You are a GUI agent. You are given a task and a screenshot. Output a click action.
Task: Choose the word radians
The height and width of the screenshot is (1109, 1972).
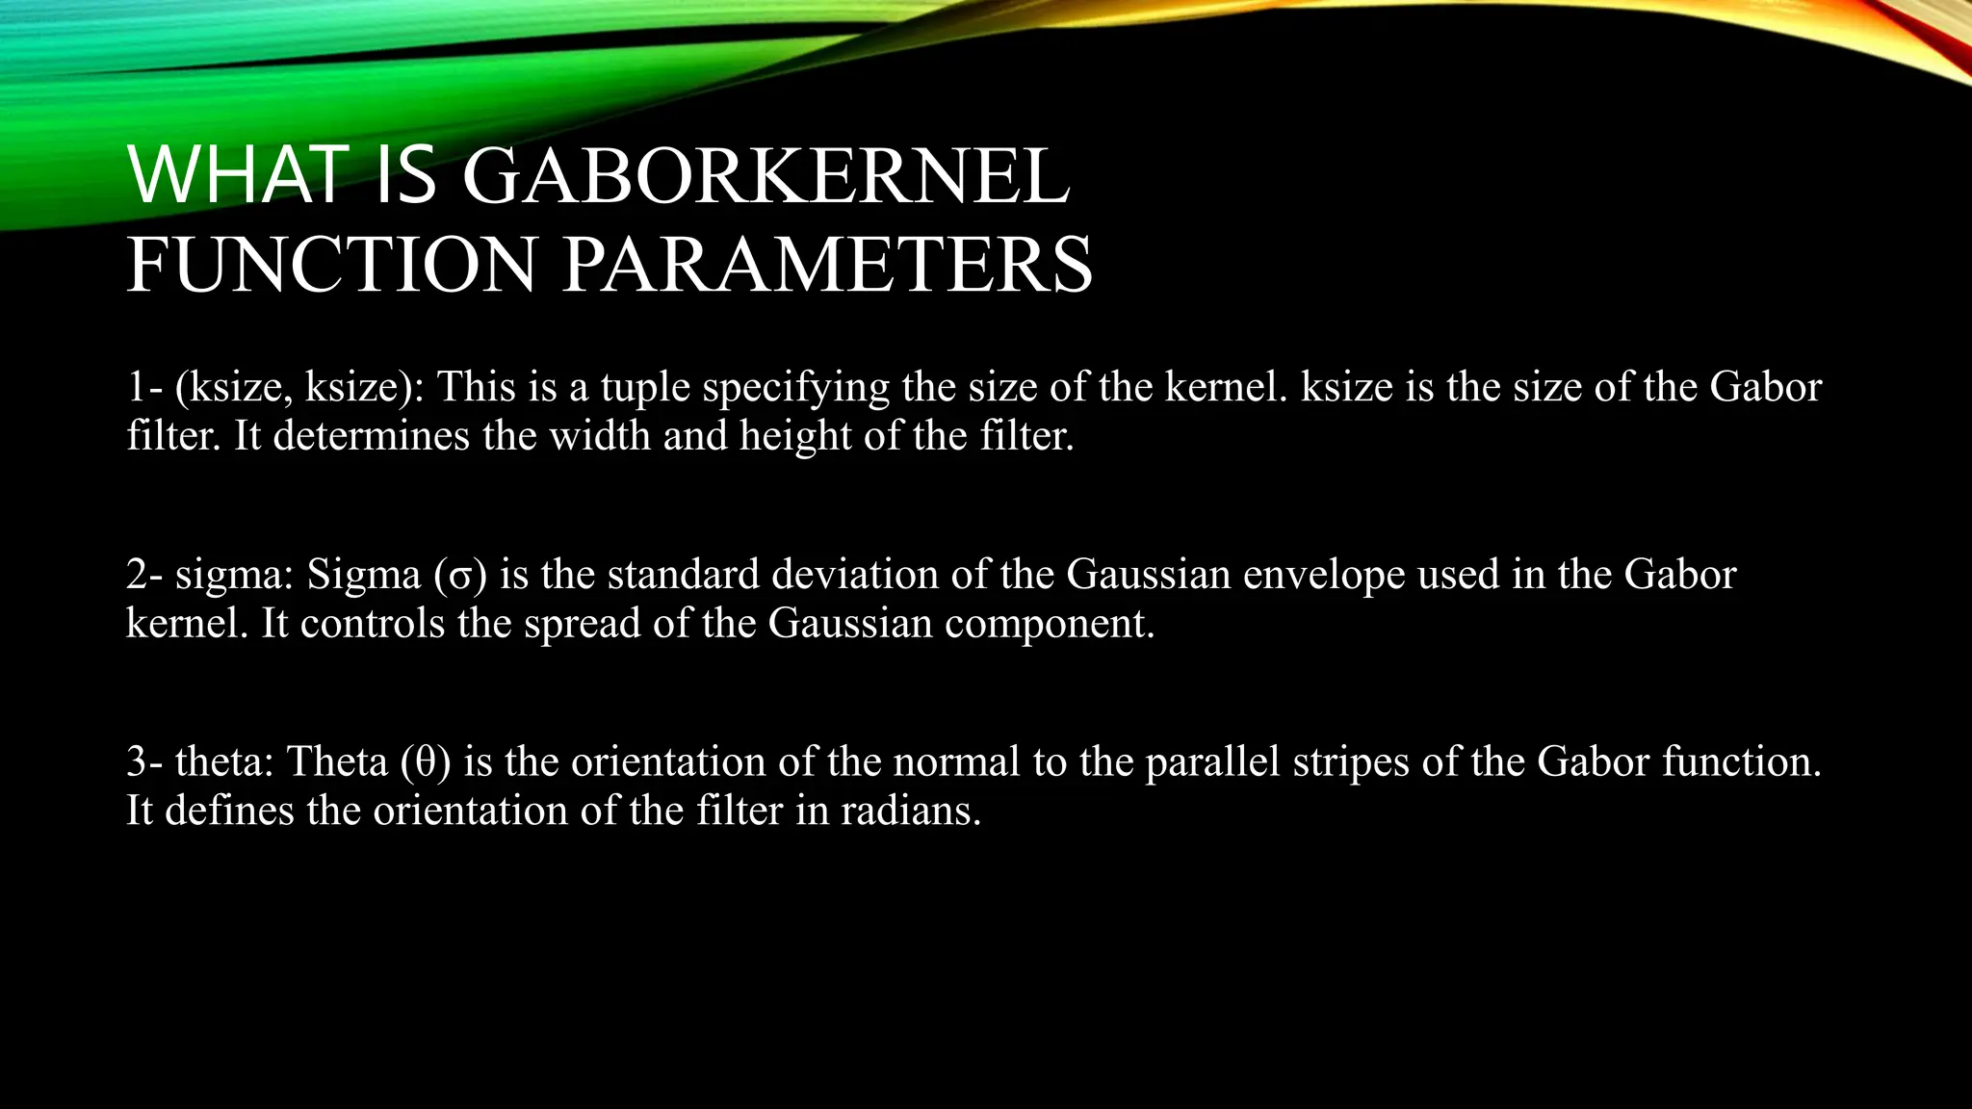[910, 811]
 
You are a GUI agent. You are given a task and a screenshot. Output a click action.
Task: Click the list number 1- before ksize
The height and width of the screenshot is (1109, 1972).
[145, 387]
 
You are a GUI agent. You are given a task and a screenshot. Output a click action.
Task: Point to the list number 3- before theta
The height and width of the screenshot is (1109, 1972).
[145, 762]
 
